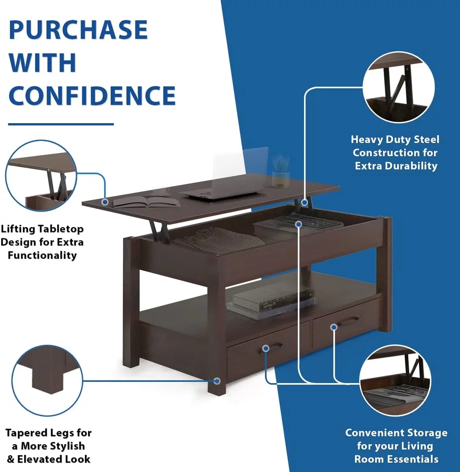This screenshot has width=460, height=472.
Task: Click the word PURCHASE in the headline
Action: pos(78,29)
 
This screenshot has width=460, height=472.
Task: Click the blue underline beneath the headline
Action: pos(61,124)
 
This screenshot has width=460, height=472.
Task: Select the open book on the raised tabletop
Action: pos(146,201)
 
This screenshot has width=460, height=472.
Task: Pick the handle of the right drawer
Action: pos(347,321)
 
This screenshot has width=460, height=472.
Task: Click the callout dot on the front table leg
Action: pos(217,381)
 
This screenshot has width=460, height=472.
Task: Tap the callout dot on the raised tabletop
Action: pos(105,202)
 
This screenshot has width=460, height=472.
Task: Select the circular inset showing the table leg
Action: pos(47,380)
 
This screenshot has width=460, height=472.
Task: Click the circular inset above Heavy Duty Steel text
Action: pos(399,87)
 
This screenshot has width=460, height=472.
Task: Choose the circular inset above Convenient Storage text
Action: pos(395,381)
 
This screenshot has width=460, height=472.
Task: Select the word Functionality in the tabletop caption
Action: pos(42,255)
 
